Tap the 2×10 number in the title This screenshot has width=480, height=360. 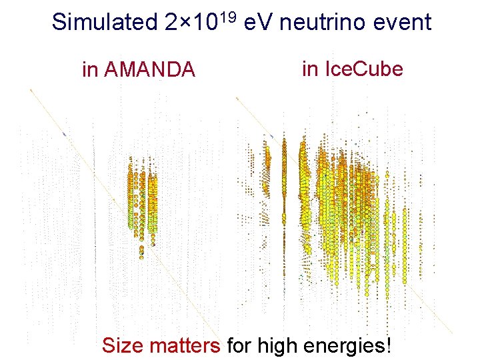click(x=187, y=23)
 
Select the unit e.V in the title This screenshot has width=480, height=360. click(x=259, y=23)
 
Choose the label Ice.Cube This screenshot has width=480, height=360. click(x=363, y=68)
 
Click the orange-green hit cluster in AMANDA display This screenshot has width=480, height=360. click(x=142, y=200)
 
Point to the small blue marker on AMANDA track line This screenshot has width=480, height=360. click(x=65, y=135)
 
